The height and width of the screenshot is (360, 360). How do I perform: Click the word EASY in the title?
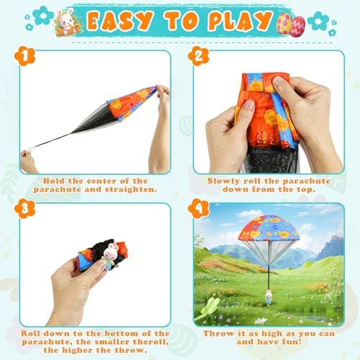[120, 22]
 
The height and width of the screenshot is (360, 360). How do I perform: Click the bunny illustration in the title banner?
[66, 21]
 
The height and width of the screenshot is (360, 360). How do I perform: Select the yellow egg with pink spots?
[285, 24]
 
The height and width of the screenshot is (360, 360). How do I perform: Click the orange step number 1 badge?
[24, 56]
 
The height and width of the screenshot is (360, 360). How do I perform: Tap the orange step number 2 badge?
[199, 56]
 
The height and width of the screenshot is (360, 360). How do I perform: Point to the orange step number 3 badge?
[24, 209]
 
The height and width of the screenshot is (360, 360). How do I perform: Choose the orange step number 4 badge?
[199, 209]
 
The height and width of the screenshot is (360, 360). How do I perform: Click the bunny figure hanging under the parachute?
[268, 297]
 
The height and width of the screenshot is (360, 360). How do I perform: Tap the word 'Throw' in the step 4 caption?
[215, 333]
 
